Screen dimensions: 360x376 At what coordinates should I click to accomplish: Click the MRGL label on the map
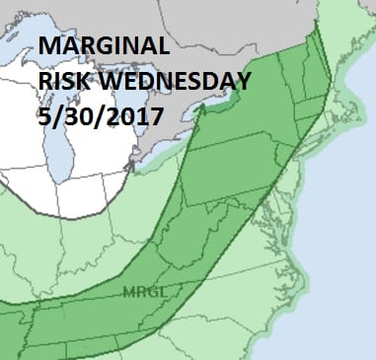pyautogui.click(x=138, y=291)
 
